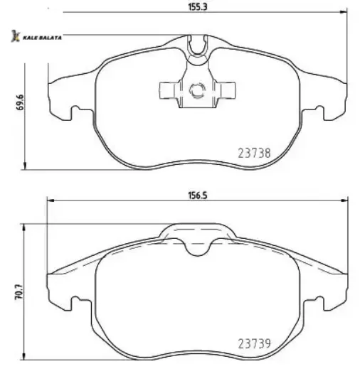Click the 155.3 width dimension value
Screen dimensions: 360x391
[198, 7]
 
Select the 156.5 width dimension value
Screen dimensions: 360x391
[198, 195]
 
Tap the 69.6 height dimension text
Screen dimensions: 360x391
[20, 102]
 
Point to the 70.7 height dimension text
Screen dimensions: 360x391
[19, 291]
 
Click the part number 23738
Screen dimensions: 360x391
[254, 153]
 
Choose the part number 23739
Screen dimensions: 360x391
[254, 343]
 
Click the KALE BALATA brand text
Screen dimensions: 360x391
[42, 38]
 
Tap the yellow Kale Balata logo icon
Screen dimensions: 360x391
[15, 36]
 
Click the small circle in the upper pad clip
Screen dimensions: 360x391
[197, 90]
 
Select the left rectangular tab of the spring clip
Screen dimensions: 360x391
[169, 90]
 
